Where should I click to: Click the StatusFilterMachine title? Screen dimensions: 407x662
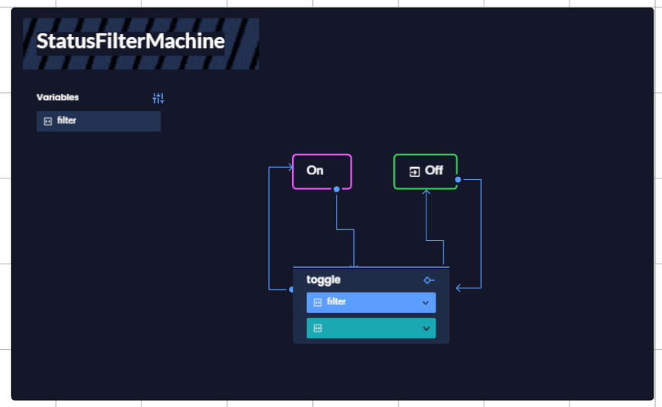131,42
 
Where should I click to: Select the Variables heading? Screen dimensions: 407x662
57,97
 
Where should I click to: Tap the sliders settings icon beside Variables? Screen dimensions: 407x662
158,98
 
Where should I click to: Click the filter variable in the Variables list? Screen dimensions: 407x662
98,121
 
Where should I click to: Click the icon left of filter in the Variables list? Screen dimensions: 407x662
48,121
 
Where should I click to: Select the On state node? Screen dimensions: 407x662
321,171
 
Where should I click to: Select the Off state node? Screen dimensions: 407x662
426,171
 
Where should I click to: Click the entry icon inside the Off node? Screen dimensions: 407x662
415,171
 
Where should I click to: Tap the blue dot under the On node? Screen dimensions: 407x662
337,189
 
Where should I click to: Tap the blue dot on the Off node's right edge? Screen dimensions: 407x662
458,180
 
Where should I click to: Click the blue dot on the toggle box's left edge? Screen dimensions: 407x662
292,290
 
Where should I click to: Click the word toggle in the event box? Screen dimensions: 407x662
324,280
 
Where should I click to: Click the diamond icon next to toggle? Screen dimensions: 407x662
429,280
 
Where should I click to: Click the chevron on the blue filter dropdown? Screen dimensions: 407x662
426,303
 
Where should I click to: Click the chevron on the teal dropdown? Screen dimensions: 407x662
426,328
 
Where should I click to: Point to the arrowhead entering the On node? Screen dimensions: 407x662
289,167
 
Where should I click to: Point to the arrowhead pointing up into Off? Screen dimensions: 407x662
426,193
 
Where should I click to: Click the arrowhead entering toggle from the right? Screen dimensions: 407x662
459,288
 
